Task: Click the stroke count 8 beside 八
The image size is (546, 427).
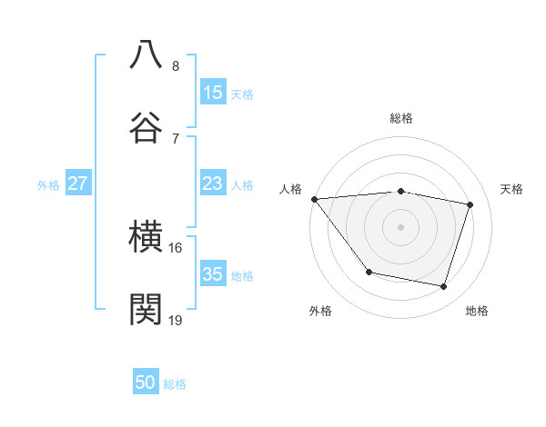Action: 176,65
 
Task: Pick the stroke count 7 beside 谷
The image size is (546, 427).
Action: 176,138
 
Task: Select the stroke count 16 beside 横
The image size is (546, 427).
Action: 176,247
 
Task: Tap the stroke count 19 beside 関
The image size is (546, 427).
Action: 176,320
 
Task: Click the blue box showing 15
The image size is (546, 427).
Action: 213,93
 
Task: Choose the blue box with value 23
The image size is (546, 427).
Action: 213,184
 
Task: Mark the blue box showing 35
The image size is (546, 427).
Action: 213,274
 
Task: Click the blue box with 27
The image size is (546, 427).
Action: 78,184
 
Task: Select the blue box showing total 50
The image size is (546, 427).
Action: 146,383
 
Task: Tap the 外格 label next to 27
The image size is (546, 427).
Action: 48,184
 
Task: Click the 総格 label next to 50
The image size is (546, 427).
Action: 175,384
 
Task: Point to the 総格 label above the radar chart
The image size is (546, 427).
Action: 400,118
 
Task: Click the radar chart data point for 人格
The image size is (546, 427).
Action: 314,199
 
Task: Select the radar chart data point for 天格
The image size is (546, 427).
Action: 470,204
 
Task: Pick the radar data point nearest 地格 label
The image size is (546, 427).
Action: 443,286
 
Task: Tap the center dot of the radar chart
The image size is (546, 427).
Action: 400,226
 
